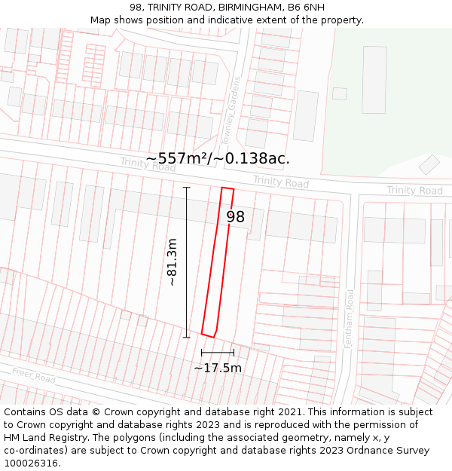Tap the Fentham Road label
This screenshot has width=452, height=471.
click(x=349, y=318)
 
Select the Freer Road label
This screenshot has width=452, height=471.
click(x=33, y=375)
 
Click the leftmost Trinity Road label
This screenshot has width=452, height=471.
click(x=148, y=164)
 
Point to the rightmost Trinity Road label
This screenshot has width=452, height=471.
click(x=414, y=190)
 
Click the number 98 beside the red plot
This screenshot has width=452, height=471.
click(x=236, y=217)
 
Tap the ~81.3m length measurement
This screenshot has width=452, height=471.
click(x=173, y=261)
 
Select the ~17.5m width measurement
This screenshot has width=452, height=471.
click(x=218, y=368)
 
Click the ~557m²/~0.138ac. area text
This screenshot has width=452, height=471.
click(x=218, y=158)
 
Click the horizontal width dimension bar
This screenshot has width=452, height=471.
click(x=218, y=352)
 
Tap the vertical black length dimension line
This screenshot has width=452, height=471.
click(x=186, y=261)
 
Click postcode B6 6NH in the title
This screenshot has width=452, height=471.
click(x=307, y=8)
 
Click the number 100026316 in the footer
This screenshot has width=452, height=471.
click(x=31, y=463)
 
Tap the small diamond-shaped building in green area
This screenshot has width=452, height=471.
click(x=429, y=164)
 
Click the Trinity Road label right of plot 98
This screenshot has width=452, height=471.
click(x=280, y=182)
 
